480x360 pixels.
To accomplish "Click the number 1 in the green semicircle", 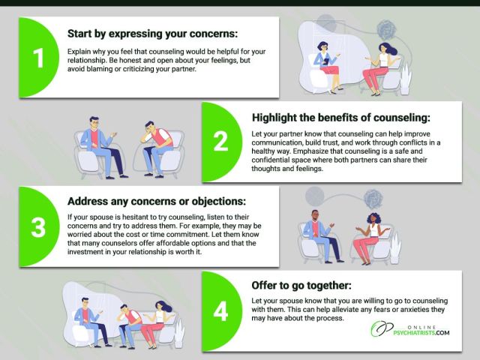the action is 38,58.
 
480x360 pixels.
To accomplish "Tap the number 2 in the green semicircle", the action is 221,141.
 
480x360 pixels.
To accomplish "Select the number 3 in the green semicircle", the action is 38,227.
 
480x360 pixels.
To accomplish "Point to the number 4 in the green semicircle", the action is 220,311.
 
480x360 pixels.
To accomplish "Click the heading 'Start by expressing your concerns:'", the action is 152,33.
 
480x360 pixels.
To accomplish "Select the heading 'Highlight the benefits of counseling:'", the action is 341,118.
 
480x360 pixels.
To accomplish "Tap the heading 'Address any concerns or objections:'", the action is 157,201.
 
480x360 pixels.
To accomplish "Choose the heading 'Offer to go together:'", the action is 301,285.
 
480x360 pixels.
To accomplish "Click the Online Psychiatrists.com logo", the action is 410,329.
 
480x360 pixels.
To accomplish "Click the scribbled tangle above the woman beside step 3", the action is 373,199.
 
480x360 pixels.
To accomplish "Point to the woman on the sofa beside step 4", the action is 156,324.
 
